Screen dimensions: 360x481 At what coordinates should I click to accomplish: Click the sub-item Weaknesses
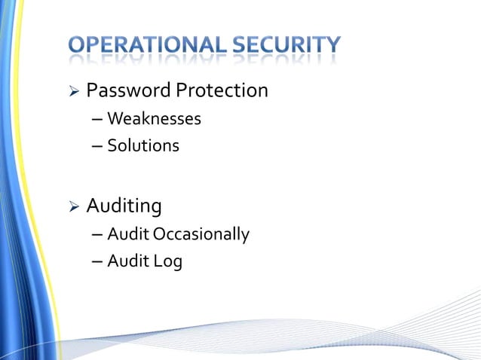[154, 118]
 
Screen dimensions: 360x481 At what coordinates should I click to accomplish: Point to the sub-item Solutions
[143, 145]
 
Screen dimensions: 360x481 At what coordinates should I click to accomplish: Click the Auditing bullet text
[124, 206]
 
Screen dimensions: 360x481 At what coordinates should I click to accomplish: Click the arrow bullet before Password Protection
[74, 93]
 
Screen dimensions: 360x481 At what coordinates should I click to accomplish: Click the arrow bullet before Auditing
[74, 206]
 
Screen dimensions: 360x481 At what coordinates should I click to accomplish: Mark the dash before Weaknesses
[97, 119]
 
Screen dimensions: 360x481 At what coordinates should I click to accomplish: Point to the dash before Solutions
[97, 146]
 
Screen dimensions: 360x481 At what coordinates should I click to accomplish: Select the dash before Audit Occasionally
[97, 235]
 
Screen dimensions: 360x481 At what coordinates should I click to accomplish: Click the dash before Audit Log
[97, 262]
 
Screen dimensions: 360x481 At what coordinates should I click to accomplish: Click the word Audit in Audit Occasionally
[127, 234]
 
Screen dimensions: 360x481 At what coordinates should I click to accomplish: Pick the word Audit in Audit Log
[127, 261]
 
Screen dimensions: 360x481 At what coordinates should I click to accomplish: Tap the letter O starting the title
[78, 46]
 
